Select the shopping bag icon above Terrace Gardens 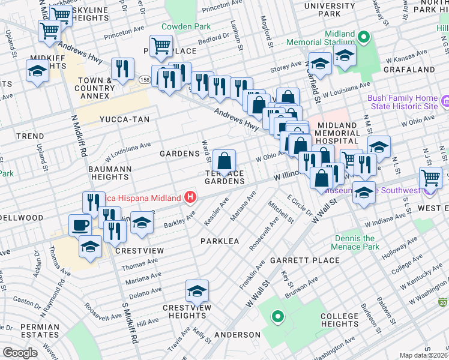tap(224, 161)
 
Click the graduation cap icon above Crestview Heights tap(197, 291)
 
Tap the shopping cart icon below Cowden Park tap(161, 45)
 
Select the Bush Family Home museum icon tap(445, 101)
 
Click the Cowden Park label tap(185, 27)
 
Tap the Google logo tap(20, 353)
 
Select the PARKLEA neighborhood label tap(220, 241)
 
